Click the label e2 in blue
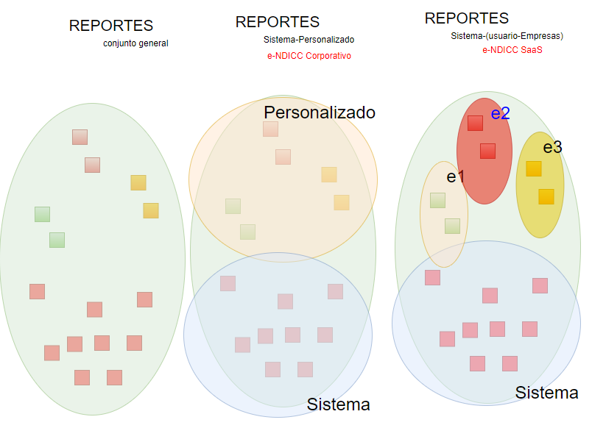[x=501, y=113]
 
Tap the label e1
[x=456, y=176]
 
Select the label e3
[x=552, y=147]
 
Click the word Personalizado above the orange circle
[x=320, y=113]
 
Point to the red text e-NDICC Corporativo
[x=309, y=56]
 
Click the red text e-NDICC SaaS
[x=507, y=50]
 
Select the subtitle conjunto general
[x=135, y=43]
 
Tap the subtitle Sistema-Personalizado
[x=309, y=39]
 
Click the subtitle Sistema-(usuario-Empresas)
[x=507, y=35]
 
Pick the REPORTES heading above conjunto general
[x=111, y=26]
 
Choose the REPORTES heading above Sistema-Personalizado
[x=278, y=22]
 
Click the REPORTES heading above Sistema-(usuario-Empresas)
[x=467, y=18]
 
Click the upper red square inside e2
[x=475, y=123]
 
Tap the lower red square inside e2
[x=487, y=151]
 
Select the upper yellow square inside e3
[x=533, y=168]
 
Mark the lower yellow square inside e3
[x=546, y=196]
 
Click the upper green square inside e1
[x=437, y=200]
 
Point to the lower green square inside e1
[x=452, y=226]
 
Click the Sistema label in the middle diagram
[x=338, y=404]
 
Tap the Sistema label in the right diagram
[x=546, y=393]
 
